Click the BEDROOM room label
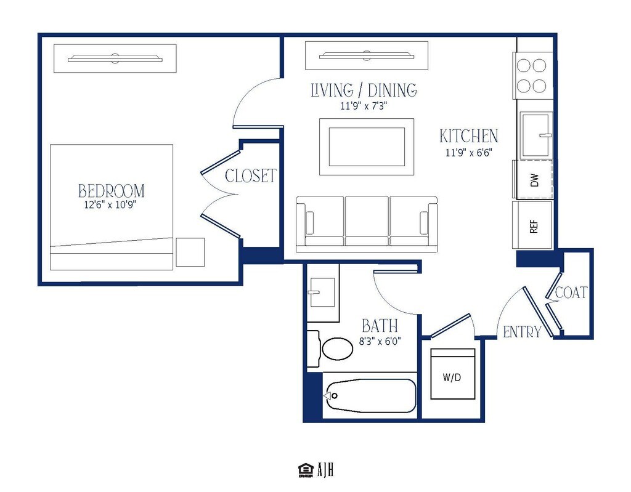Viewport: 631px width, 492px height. click(112, 191)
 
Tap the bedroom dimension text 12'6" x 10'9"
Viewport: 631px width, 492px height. click(110, 205)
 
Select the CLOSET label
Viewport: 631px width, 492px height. click(251, 175)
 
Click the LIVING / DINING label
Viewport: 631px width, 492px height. click(364, 90)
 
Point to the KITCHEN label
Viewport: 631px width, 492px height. click(469, 136)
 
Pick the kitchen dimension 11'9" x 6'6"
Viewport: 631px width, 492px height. click(469, 153)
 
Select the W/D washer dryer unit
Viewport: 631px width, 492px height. click(452, 374)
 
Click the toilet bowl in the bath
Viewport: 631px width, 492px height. click(337, 349)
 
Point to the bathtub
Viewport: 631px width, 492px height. click(370, 396)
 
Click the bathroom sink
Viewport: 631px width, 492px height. click(321, 292)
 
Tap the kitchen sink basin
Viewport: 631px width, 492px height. click(535, 134)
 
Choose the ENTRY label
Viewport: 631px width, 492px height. click(523, 333)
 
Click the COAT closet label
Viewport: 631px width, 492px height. click(571, 292)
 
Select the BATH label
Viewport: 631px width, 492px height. click(380, 326)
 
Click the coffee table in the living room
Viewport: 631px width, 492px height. click(367, 147)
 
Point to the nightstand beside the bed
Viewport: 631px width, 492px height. click(190, 252)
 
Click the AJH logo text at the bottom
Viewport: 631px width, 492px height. click(325, 470)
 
